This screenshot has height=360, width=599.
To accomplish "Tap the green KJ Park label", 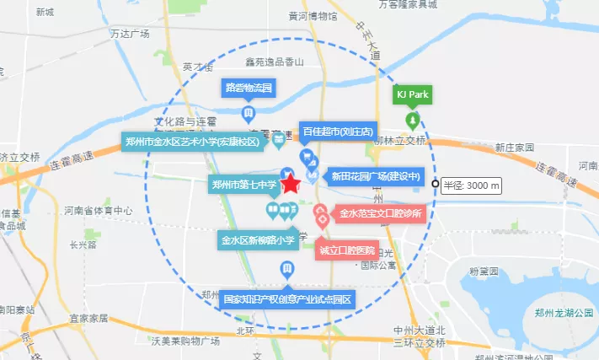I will [413, 94].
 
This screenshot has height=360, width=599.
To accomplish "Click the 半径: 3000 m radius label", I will [472, 185].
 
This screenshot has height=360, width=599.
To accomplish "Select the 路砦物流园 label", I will [249, 87].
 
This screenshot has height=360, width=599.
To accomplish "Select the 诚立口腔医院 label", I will [347, 250].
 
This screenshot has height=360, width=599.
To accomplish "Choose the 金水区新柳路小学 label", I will [258, 239].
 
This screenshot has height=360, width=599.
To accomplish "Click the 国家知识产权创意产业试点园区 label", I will [286, 299].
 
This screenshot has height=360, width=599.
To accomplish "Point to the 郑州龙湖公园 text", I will [564, 312].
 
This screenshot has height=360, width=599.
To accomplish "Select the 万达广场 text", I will [130, 34].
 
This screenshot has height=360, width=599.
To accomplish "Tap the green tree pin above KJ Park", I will [413, 118].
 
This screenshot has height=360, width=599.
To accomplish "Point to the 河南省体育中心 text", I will [98, 211].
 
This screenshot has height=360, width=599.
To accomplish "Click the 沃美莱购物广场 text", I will [185, 341].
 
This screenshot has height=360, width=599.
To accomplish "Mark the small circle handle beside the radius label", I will [435, 185].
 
